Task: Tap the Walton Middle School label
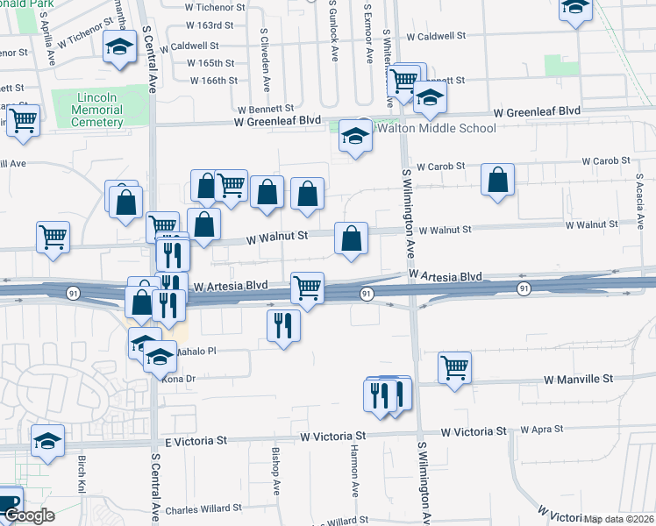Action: [436, 128]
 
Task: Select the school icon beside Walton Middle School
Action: [355, 136]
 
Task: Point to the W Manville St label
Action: [577, 380]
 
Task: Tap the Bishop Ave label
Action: [275, 469]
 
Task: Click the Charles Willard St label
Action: [203, 508]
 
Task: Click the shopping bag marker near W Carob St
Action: [497, 180]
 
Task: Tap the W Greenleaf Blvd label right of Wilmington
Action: [537, 111]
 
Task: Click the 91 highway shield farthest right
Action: [524, 288]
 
